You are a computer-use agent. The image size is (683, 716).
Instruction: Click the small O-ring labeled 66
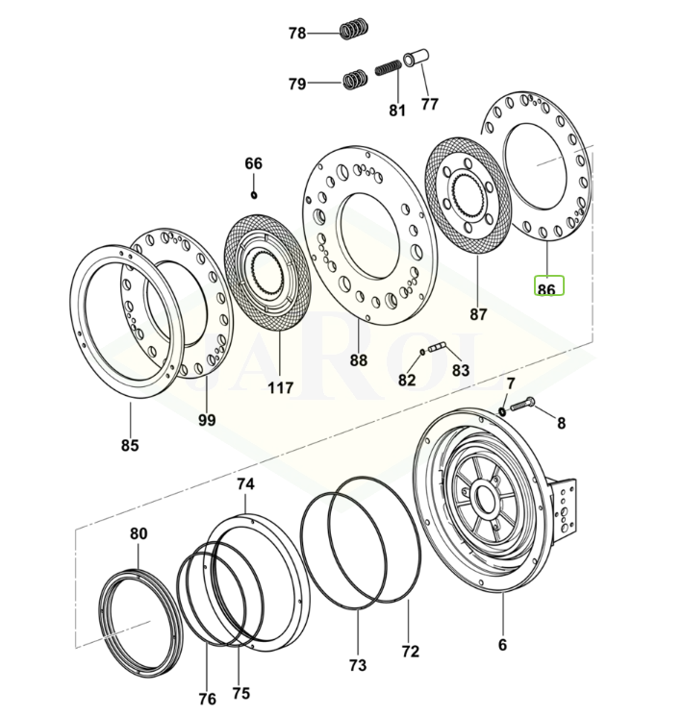(254, 195)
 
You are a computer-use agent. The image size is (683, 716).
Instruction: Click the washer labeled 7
(502, 412)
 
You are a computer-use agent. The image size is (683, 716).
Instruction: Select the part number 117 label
(281, 388)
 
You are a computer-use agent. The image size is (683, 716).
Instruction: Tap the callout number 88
(358, 360)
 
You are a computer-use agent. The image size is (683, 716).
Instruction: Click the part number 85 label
(130, 445)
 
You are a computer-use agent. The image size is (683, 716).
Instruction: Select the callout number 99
(207, 420)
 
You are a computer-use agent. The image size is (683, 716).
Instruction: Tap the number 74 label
(244, 484)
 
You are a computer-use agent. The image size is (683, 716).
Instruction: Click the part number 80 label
(139, 533)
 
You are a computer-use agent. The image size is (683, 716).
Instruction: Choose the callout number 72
(411, 651)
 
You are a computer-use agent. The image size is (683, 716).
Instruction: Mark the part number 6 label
(502, 645)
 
